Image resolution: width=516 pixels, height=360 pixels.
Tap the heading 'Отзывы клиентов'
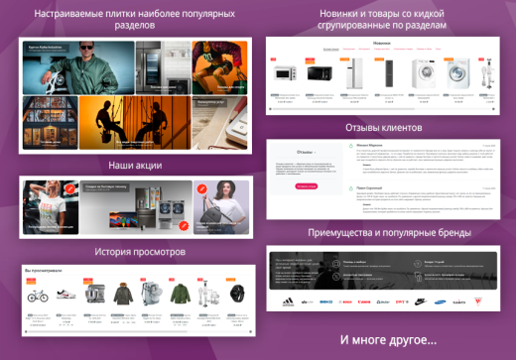coord(382,128)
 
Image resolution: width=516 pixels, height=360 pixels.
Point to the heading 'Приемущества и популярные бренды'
coord(382,232)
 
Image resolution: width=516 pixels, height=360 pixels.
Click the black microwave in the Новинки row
coord(319,73)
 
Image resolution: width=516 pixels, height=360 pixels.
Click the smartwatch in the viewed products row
coord(237,295)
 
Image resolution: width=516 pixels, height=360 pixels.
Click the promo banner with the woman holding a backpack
coord(221,204)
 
